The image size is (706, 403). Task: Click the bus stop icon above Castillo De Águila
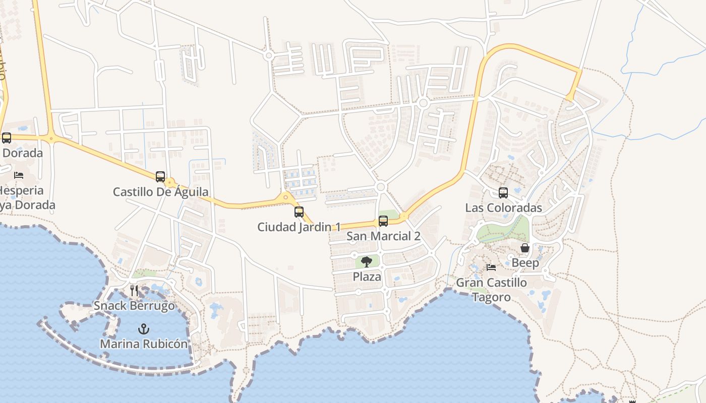click(x=160, y=177)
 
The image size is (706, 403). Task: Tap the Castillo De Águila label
click(x=160, y=192)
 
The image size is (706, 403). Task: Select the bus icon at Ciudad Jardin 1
click(x=299, y=212)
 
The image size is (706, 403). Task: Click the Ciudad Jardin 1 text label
click(x=299, y=227)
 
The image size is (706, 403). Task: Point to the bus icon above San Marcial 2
click(x=383, y=221)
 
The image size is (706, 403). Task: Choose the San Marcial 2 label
click(x=383, y=236)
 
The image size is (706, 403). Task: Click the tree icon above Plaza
click(x=367, y=261)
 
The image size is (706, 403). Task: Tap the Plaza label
click(x=367, y=277)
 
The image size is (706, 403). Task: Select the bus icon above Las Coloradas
click(x=503, y=193)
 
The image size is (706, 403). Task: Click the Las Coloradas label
click(x=503, y=208)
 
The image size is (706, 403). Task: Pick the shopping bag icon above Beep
click(x=525, y=248)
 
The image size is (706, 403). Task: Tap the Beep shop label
click(x=525, y=263)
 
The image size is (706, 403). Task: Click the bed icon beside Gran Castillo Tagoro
click(x=491, y=267)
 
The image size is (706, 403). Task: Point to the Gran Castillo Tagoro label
click(x=491, y=290)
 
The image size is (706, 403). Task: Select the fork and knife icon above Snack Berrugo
click(x=134, y=291)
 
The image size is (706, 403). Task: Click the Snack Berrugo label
click(x=134, y=306)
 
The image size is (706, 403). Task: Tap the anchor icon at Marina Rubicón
click(x=144, y=329)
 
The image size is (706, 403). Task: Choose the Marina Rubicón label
click(x=144, y=344)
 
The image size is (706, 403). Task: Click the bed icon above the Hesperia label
click(x=19, y=175)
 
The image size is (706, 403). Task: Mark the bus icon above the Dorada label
click(x=7, y=138)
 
